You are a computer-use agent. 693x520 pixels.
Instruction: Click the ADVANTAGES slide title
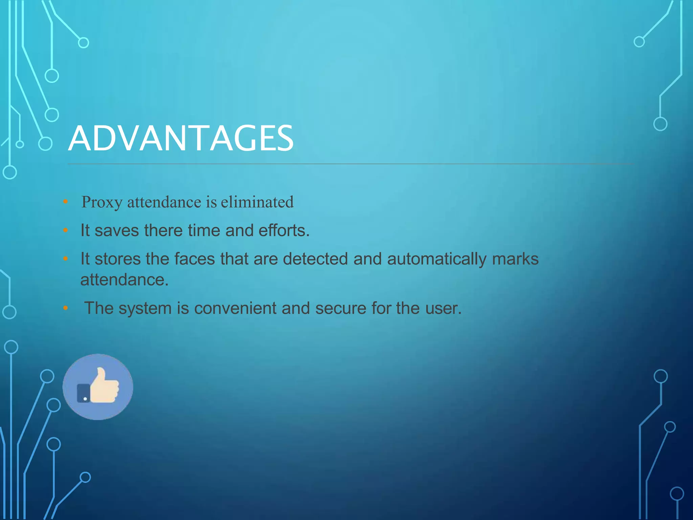(x=181, y=138)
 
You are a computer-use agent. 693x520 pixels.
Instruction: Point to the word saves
(x=116, y=231)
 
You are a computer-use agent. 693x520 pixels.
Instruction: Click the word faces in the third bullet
(x=195, y=259)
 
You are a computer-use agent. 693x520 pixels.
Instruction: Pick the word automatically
(x=437, y=259)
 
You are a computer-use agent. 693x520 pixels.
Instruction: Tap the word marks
(x=515, y=259)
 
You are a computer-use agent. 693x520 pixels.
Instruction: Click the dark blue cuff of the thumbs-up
(x=83, y=393)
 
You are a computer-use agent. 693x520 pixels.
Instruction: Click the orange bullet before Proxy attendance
(x=66, y=202)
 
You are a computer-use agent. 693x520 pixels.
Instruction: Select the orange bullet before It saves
(x=66, y=231)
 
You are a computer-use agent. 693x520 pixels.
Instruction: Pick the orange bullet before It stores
(x=66, y=259)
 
